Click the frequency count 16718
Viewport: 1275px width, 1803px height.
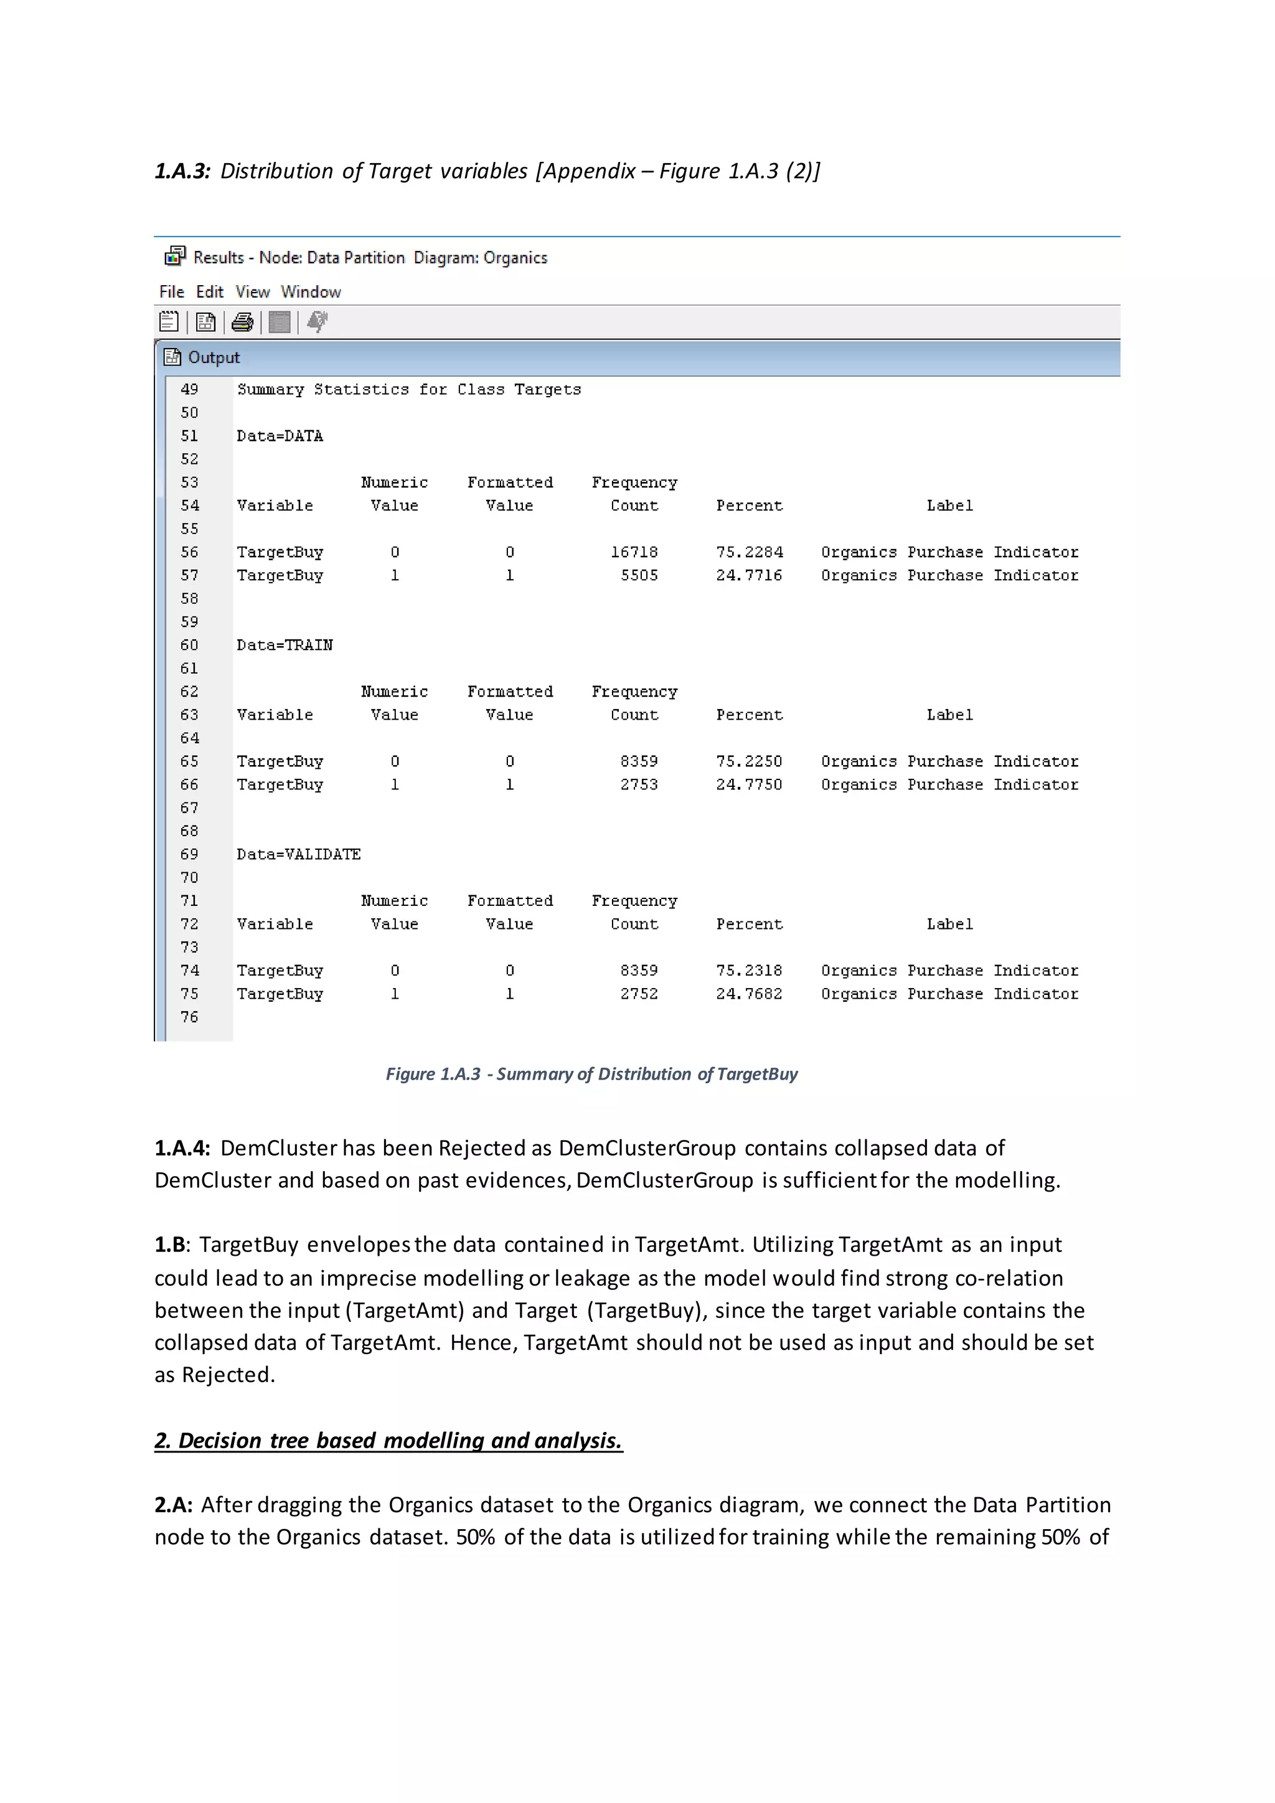tap(634, 552)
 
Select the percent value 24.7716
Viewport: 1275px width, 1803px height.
tap(749, 576)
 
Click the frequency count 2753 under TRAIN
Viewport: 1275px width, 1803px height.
tap(639, 784)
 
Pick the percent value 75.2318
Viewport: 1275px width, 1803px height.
tap(749, 971)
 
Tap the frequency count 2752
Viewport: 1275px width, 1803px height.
tap(639, 994)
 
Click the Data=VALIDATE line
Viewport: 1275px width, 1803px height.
tap(298, 854)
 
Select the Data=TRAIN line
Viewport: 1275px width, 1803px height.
tap(285, 646)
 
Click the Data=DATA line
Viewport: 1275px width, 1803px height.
tap(280, 436)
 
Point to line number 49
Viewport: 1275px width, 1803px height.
tap(189, 390)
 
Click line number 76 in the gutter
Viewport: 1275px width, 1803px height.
tap(189, 1017)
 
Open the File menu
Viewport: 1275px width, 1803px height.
tap(171, 292)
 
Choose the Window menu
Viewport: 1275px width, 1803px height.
tap(311, 292)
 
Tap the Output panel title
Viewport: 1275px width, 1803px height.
tap(214, 358)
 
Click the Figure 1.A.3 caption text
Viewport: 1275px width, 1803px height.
tap(591, 1074)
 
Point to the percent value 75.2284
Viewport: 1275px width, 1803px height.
tap(749, 552)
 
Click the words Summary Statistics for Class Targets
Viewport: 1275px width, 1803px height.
tap(409, 390)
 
